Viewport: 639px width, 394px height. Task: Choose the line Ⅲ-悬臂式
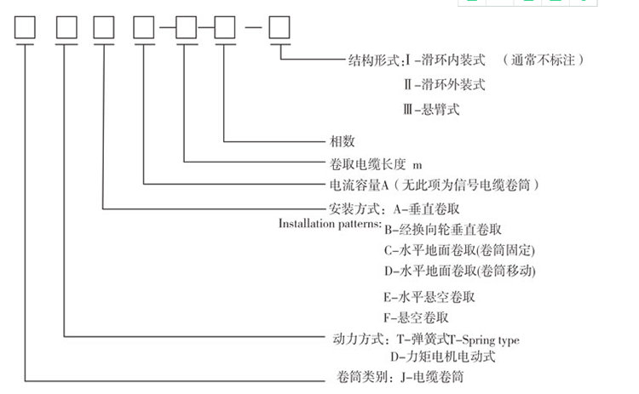[x=432, y=110]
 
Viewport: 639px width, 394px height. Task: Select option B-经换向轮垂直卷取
[x=442, y=230]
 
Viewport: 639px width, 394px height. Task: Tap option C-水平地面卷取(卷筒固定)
[x=460, y=250]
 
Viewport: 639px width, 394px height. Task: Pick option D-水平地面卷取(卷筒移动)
[x=460, y=271]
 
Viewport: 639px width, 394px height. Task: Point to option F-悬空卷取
[x=417, y=318]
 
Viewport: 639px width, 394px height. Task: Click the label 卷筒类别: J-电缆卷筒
[x=401, y=376]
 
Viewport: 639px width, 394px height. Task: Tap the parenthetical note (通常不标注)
[x=544, y=60]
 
